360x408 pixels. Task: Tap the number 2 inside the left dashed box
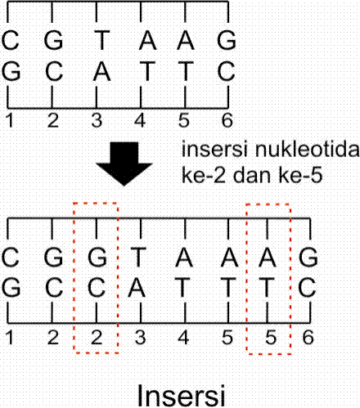click(x=97, y=335)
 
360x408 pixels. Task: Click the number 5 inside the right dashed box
click(x=269, y=335)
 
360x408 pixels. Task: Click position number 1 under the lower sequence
click(x=9, y=335)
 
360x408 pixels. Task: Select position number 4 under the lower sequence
click(x=183, y=335)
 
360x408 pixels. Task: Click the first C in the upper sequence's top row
click(x=11, y=39)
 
